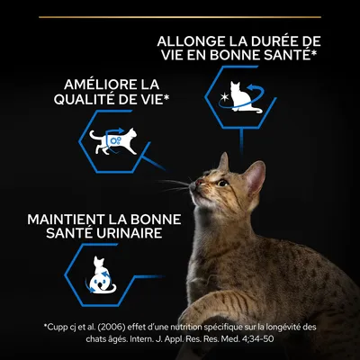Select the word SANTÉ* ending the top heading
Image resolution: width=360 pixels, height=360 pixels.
[287, 58]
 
